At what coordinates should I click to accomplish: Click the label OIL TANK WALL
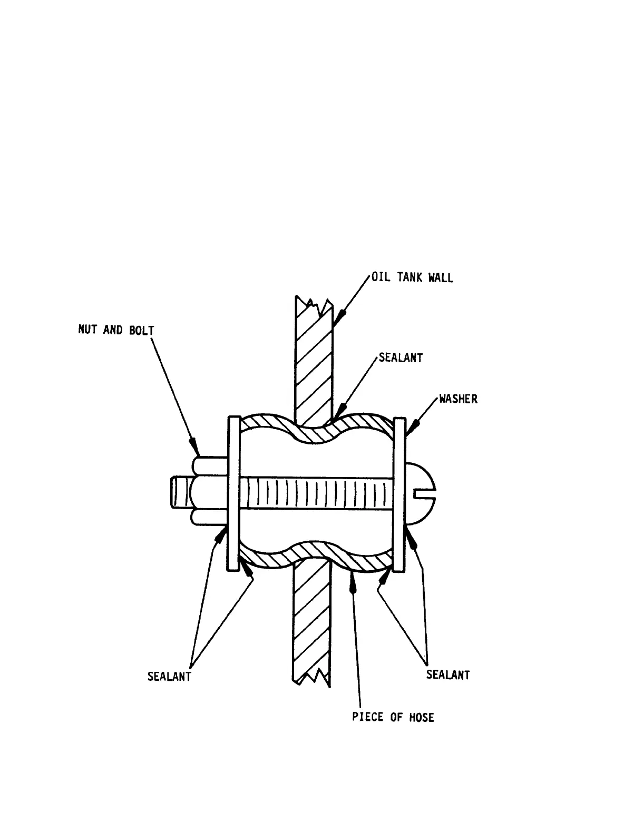point(412,277)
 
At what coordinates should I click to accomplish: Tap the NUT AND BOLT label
point(116,331)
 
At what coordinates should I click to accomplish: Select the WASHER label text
point(458,399)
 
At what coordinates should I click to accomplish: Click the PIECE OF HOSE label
point(393,717)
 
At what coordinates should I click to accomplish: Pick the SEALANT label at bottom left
point(169,677)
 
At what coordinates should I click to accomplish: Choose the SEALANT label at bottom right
point(447,674)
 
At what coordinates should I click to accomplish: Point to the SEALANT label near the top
point(401,358)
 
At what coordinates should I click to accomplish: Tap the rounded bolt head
point(420,493)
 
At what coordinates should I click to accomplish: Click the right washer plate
point(400,493)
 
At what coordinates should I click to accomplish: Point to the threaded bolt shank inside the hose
point(316,493)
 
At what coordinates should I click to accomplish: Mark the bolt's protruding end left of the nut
point(179,493)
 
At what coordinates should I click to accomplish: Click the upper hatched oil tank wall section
point(314,358)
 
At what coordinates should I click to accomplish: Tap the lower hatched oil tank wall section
point(311,621)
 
